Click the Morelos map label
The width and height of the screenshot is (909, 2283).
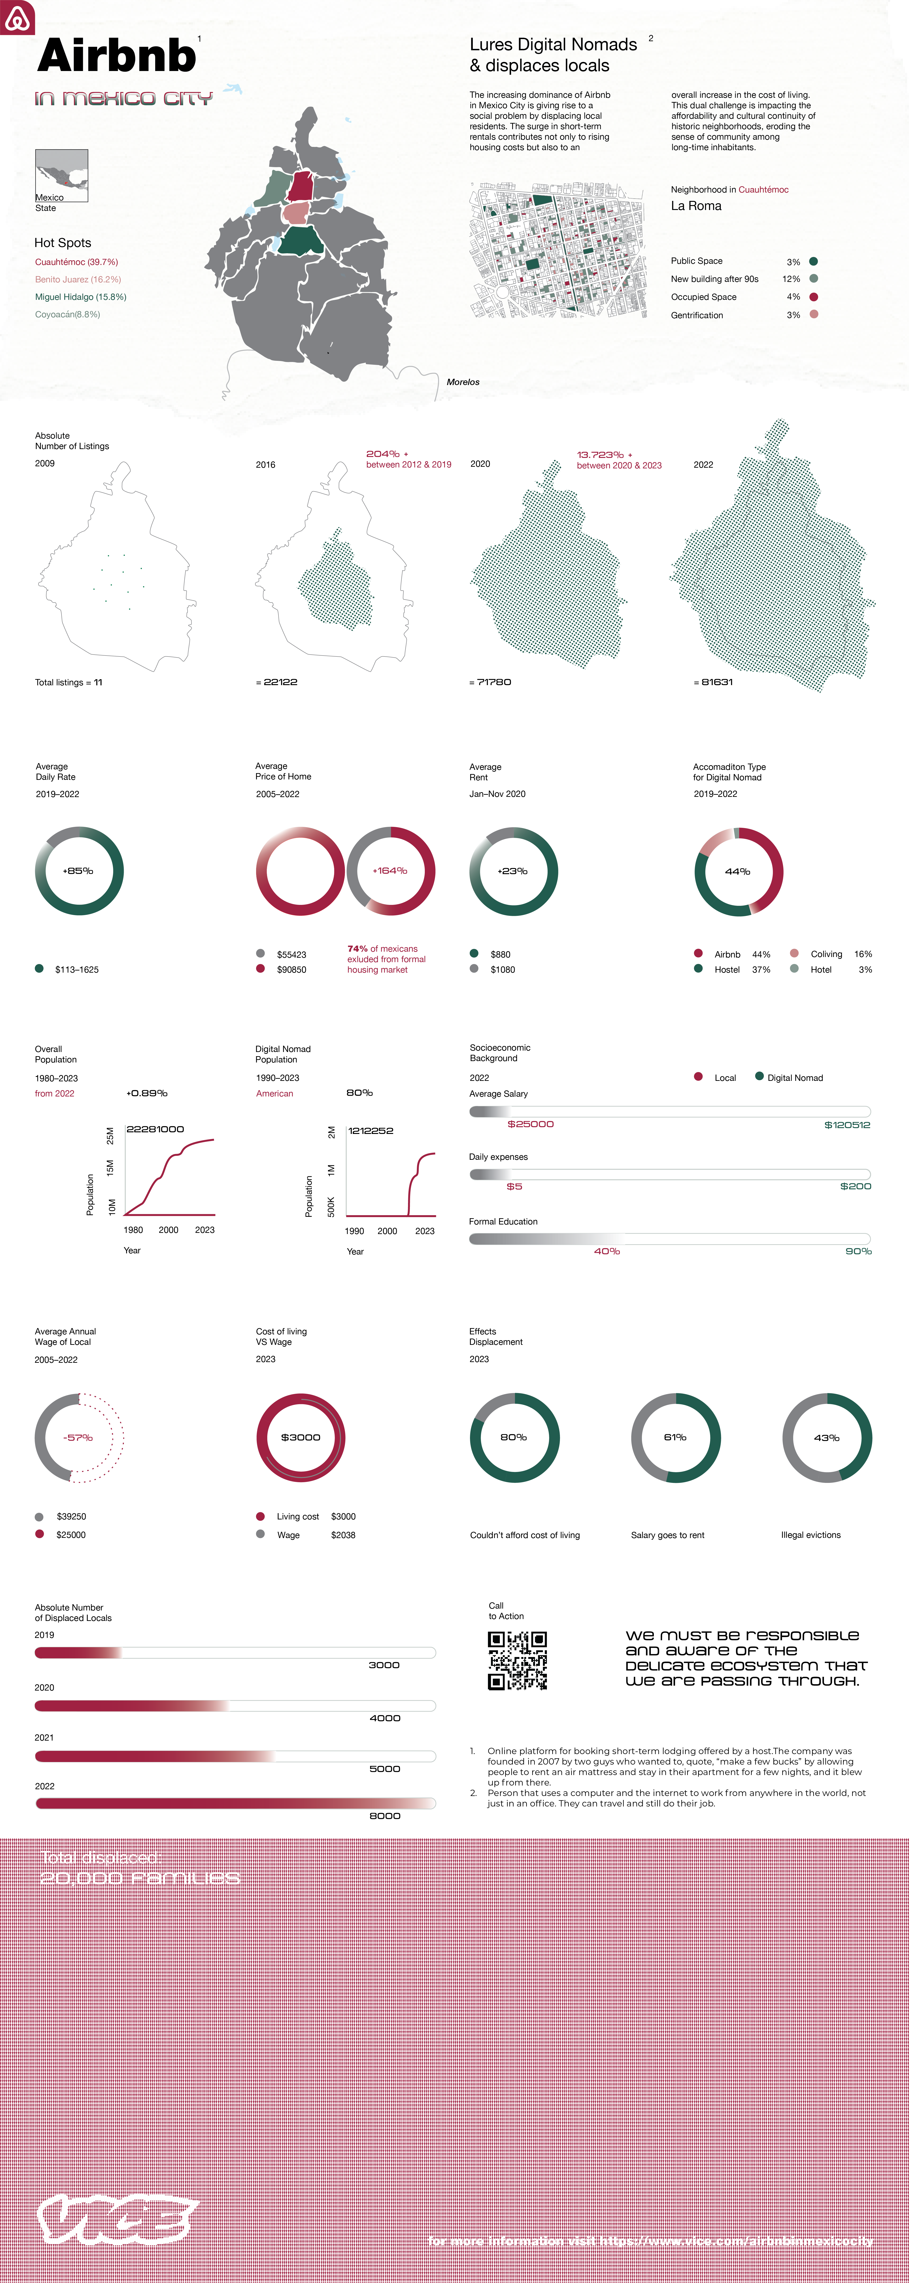click(x=463, y=382)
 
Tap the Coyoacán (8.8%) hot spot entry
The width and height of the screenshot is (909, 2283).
click(x=67, y=315)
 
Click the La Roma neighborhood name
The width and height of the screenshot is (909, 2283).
click(x=696, y=206)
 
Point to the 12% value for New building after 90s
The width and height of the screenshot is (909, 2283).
click(x=791, y=279)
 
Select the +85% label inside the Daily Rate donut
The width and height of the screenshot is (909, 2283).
click(x=78, y=871)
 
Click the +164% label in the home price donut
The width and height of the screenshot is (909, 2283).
click(x=390, y=871)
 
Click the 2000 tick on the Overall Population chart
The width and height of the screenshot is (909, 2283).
click(x=168, y=1230)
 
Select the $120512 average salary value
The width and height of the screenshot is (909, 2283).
click(x=847, y=1125)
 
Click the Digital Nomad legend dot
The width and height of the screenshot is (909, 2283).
click(x=759, y=1077)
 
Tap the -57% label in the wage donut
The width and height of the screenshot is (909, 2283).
click(x=78, y=1437)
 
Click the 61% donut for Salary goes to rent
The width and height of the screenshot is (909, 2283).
click(x=676, y=1437)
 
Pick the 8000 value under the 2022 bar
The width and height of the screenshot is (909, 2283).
click(x=385, y=1816)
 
